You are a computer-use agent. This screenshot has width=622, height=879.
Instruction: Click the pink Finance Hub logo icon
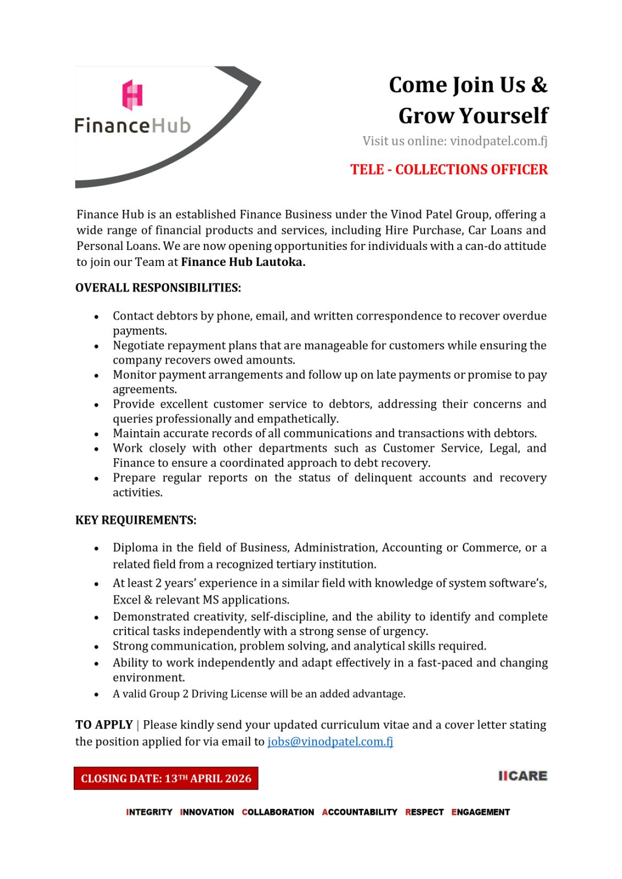(133, 94)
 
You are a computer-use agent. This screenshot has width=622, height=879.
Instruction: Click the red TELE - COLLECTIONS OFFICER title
(449, 169)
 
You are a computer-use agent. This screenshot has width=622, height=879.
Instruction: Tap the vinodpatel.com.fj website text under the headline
(498, 141)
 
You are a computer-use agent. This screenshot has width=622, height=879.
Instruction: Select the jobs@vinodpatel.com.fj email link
(330, 742)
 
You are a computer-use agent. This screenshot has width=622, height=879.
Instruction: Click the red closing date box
(166, 778)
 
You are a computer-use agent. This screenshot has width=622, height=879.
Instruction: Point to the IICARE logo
(522, 776)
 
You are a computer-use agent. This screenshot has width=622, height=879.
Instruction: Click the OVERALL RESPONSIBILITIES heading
(158, 288)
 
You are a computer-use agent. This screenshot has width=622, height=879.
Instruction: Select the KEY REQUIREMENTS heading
(136, 520)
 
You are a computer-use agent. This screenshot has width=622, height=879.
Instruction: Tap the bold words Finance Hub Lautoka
(243, 262)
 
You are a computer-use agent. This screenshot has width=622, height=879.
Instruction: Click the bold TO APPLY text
(104, 725)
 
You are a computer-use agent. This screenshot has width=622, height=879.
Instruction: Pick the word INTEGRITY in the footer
(149, 812)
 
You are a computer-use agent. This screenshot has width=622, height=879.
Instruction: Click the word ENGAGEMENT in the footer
(481, 812)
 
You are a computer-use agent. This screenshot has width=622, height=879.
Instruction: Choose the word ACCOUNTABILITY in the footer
(360, 812)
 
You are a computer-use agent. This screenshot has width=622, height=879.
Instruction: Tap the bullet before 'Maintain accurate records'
(96, 434)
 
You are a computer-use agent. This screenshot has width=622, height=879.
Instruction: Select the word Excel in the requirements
(126, 600)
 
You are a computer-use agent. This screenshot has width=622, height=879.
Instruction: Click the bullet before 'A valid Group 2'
(96, 694)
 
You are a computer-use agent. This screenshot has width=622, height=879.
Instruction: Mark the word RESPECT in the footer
(425, 812)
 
